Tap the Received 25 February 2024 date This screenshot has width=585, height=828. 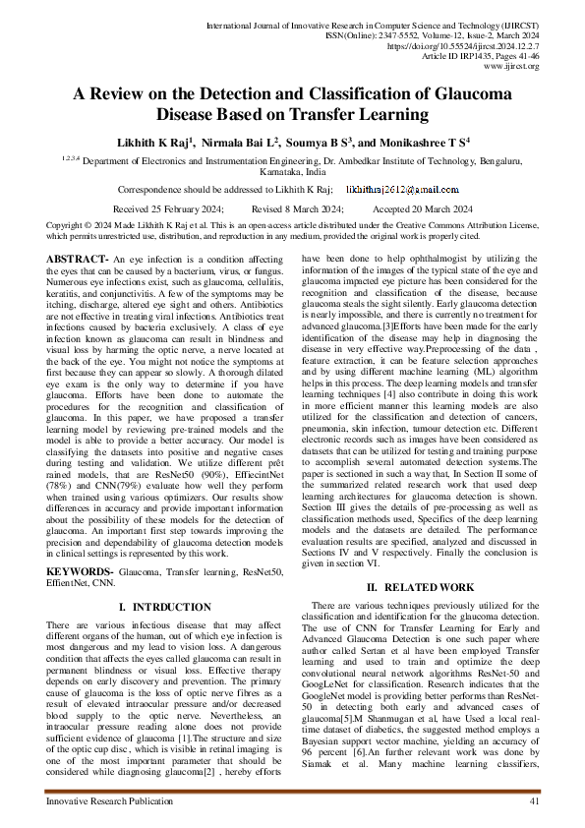[x=168, y=209]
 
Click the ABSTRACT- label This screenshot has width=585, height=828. [x=79, y=258]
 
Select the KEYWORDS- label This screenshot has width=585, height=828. [x=80, y=570]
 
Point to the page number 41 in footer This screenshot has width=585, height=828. [x=535, y=803]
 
